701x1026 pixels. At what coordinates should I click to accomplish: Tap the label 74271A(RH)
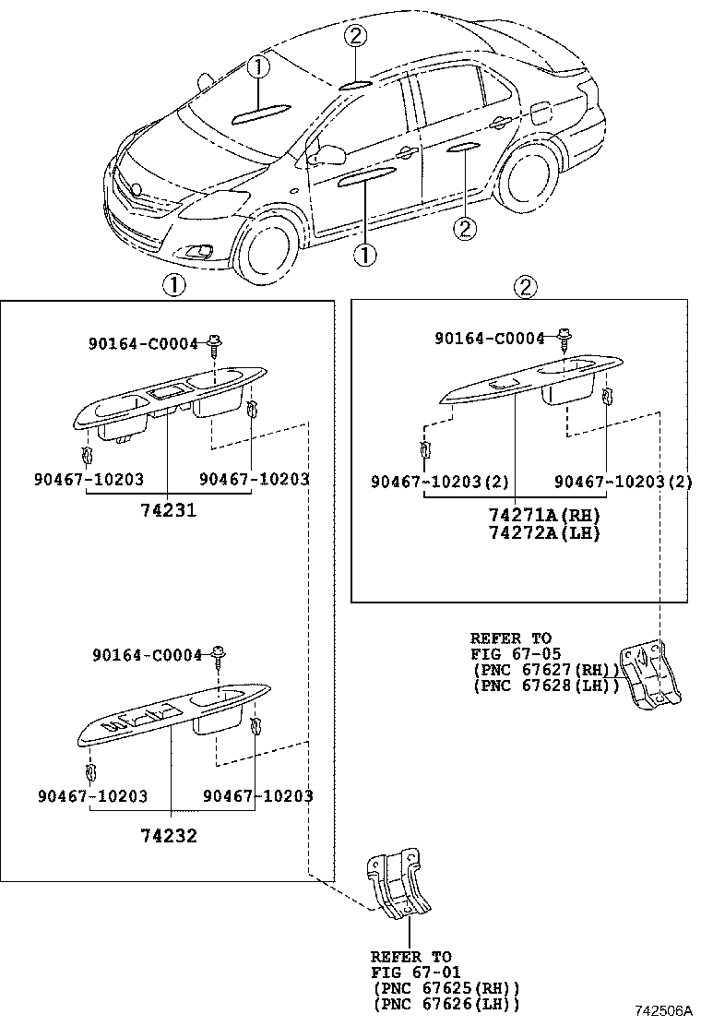point(544,516)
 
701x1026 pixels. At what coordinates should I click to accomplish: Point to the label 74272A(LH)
point(544,533)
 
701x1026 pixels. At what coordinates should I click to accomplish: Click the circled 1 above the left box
point(172,286)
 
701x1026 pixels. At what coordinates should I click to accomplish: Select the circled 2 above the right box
point(523,286)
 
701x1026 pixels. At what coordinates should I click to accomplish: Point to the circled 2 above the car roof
point(357,37)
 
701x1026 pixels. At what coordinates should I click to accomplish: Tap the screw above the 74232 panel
point(219,657)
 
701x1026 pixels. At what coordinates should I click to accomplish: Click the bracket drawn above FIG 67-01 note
point(398,886)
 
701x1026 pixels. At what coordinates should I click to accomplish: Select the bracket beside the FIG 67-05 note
point(651,674)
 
